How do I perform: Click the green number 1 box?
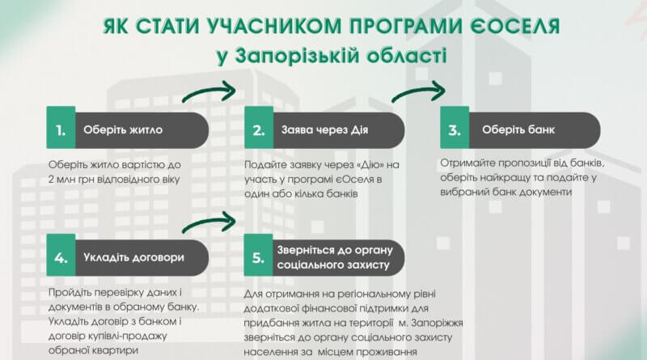61,128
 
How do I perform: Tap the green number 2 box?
259,128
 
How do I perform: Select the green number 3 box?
455,128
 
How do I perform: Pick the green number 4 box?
61,255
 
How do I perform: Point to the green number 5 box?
258,255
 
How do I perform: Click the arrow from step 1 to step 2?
209,91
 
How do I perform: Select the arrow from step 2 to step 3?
418,91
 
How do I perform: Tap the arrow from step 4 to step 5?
209,222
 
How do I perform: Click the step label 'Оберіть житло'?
123,130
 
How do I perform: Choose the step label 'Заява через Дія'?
325,130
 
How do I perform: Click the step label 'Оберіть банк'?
518,130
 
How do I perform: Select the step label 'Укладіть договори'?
133,257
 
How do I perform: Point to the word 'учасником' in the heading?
273,26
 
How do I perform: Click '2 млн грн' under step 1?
71,180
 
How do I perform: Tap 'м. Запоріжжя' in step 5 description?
431,323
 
